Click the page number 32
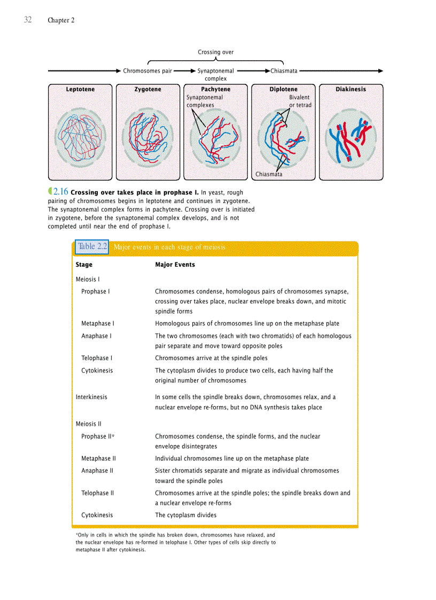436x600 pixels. (28, 20)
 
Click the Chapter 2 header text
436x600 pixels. (61, 20)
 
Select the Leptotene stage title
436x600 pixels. (80, 89)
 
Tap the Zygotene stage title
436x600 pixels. (148, 89)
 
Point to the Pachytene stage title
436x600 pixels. (216, 89)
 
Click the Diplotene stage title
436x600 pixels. (283, 89)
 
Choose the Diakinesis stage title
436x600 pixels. (351, 89)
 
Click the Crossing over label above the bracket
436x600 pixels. (216, 52)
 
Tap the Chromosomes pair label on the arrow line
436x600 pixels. (147, 71)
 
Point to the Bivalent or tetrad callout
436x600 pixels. (300, 102)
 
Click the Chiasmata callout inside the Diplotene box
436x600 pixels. (269, 174)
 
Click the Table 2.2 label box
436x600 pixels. (92, 246)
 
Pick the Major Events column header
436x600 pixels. (175, 264)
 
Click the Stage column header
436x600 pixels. (84, 264)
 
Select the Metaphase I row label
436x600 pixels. (97, 323)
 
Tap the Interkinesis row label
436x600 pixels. (91, 397)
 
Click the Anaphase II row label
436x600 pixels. (97, 471)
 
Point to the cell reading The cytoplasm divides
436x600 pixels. (185, 515)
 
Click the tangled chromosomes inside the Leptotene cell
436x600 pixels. (80, 137)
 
